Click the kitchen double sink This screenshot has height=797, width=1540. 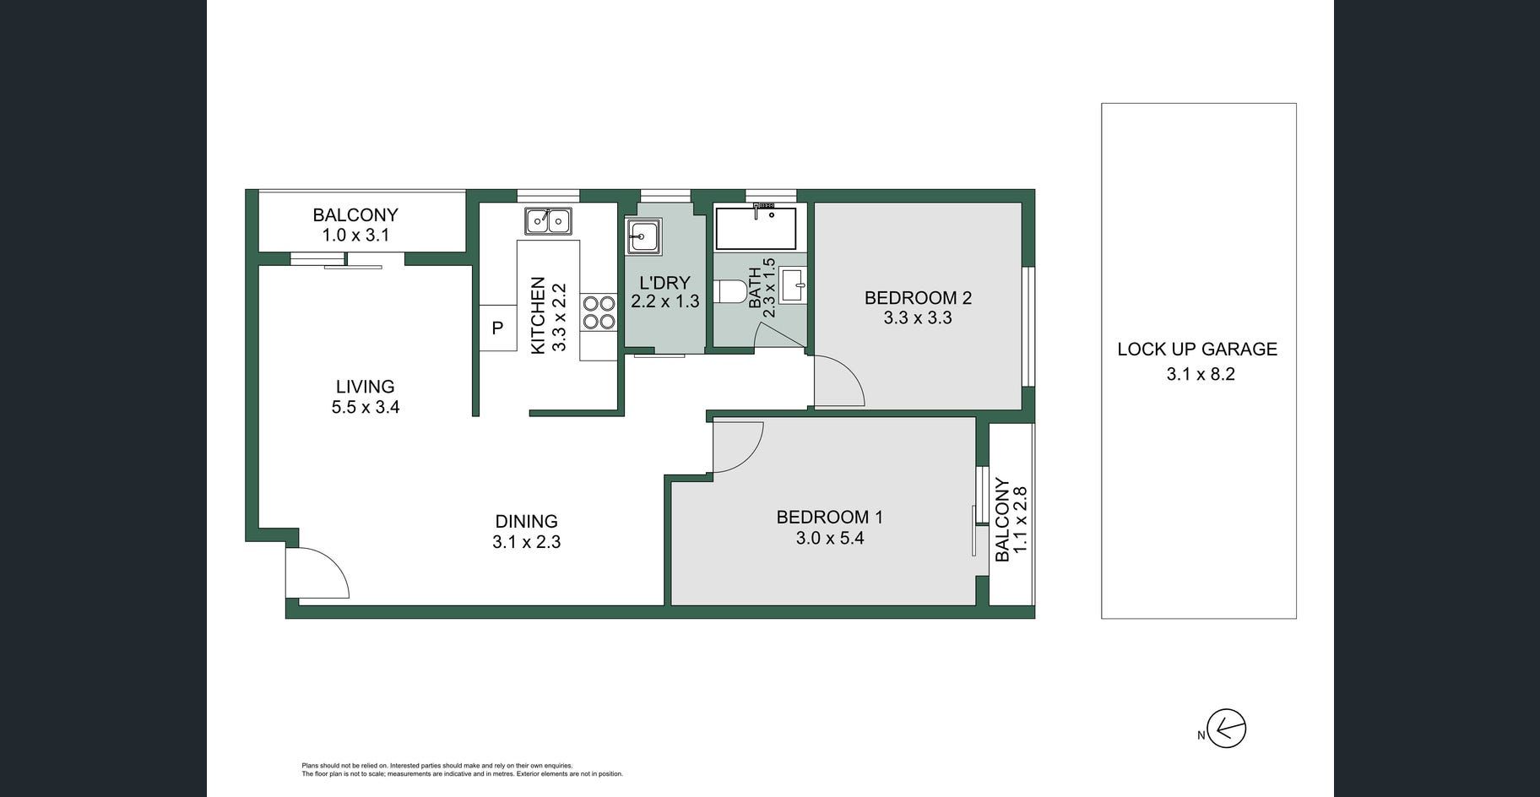(548, 221)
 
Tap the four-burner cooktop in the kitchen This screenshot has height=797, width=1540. (599, 312)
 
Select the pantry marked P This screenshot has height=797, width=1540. (498, 328)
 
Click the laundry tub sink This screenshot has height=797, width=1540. (643, 236)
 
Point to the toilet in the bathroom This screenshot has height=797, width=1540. (731, 292)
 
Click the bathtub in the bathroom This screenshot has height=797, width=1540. (756, 226)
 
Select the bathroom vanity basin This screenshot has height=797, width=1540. (793, 285)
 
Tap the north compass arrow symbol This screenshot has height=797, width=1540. (1227, 729)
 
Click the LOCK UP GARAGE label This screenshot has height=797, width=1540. (1197, 349)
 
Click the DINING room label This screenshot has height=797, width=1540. (526, 521)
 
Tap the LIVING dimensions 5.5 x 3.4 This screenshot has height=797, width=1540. (366, 407)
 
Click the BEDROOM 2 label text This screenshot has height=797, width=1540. (918, 297)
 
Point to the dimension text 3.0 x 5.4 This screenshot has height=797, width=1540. (830, 538)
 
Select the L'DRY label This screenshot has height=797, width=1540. (665, 283)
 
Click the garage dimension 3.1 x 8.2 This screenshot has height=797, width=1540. (1201, 374)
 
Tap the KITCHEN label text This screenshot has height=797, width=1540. (538, 316)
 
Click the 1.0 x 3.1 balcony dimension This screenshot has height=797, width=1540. (355, 236)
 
